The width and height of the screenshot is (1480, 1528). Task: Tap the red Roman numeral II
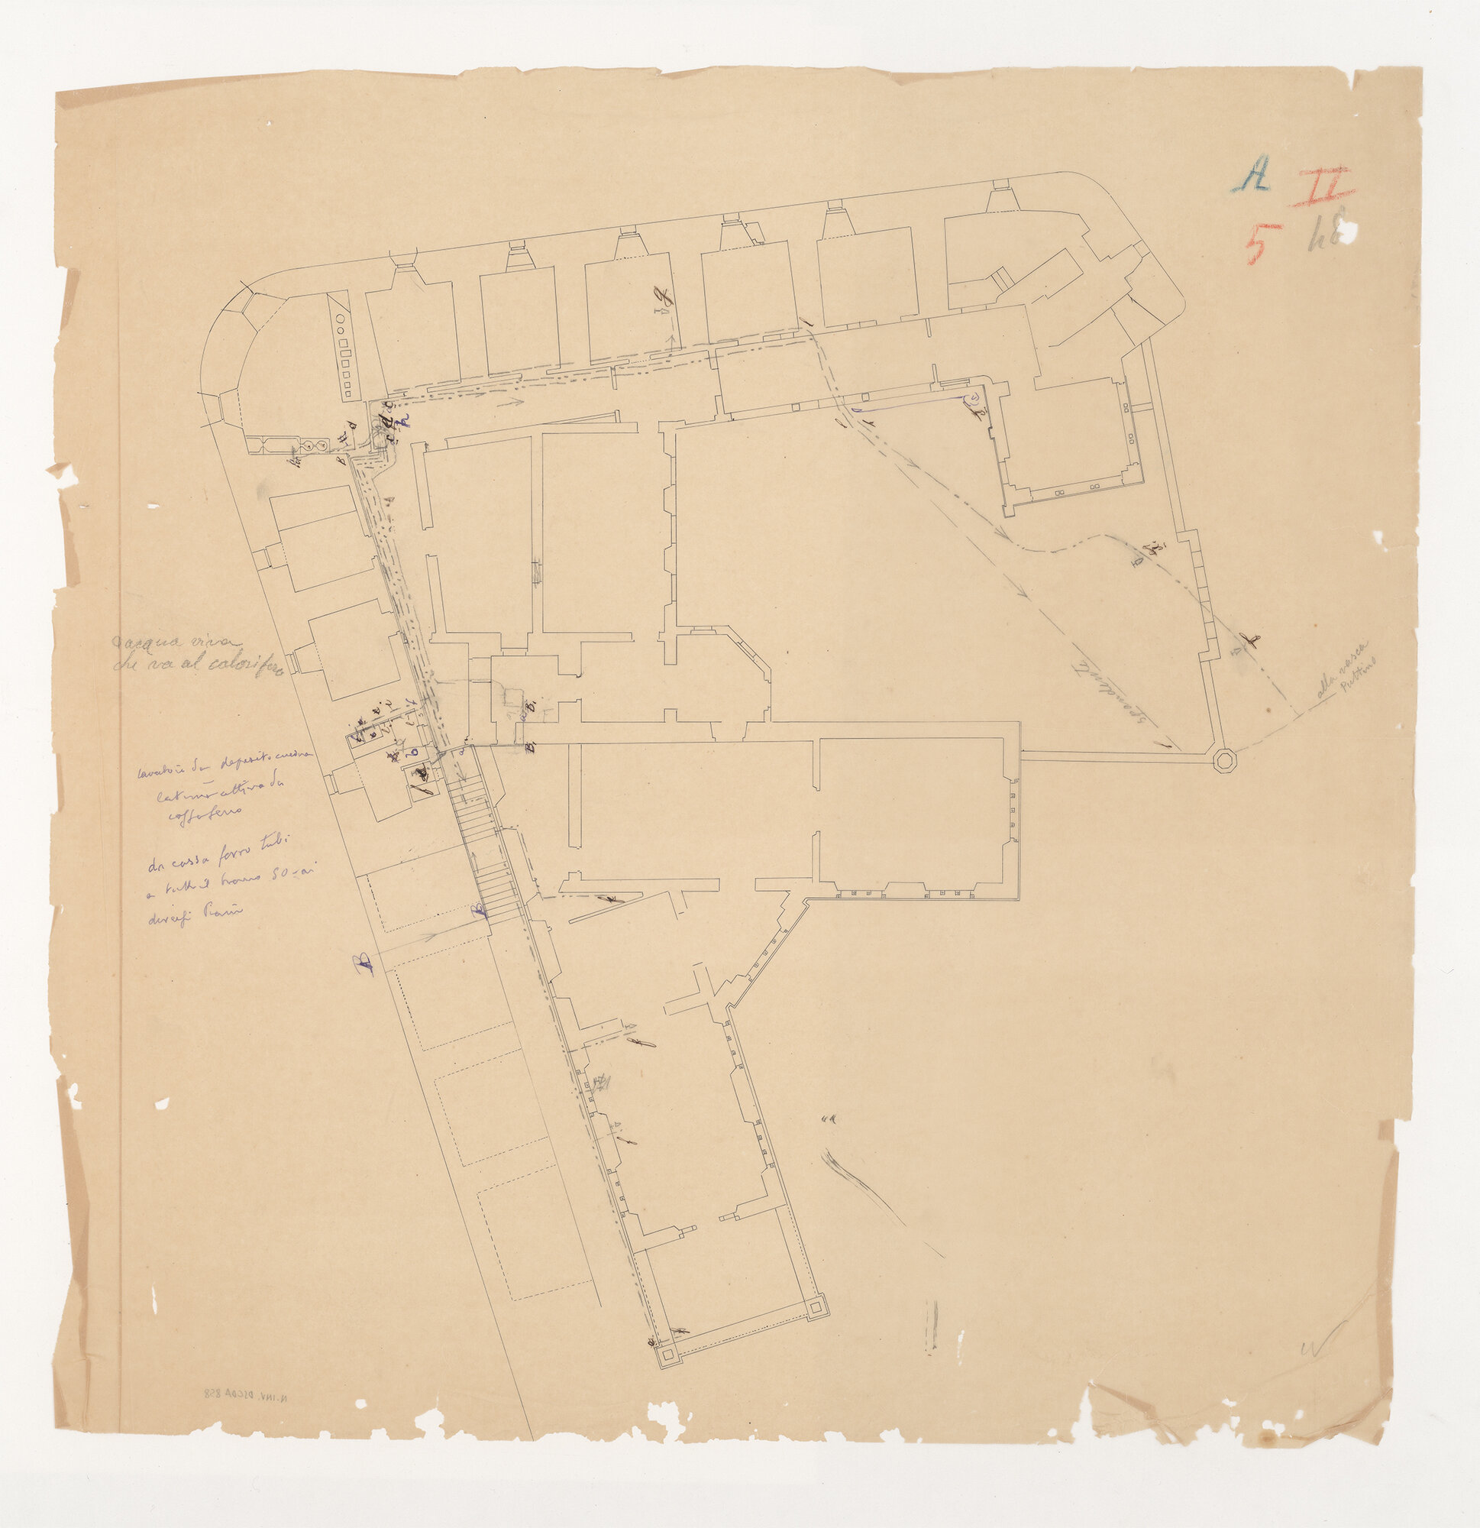pos(1321,188)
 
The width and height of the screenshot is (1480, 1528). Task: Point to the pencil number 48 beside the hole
pos(1323,233)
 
